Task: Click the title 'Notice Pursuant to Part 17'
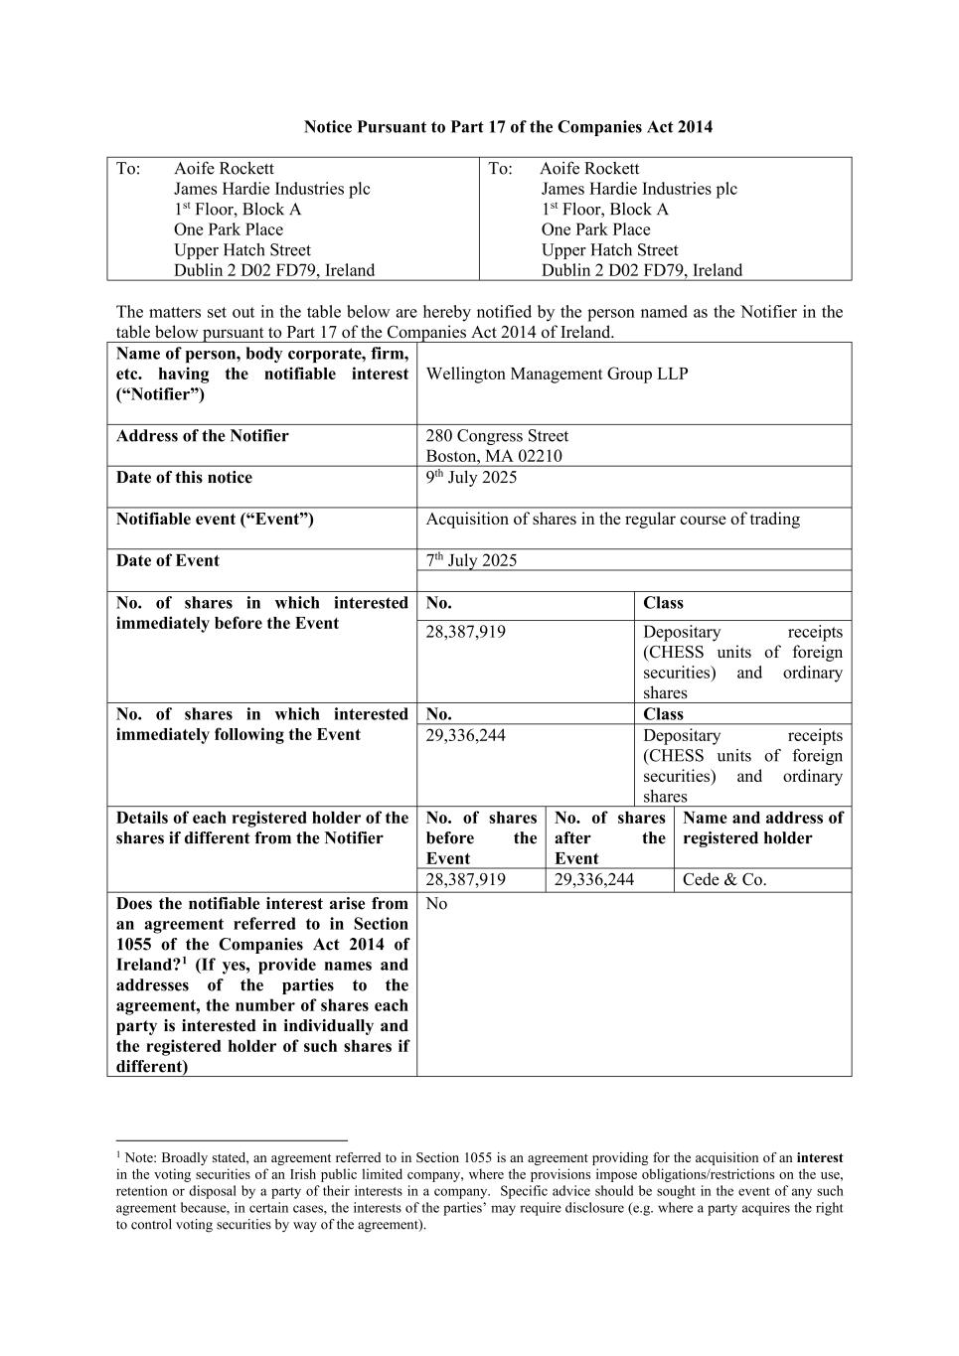coord(508,127)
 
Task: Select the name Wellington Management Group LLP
coord(557,375)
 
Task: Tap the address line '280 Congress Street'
coord(497,436)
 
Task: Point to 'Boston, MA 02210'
coord(494,456)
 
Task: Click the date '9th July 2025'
coord(471,478)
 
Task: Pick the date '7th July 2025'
coord(471,560)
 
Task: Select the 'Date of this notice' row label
coord(184,478)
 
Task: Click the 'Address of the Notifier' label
coord(202,436)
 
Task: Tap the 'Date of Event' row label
coord(167,560)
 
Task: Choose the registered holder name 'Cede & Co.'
coord(724,880)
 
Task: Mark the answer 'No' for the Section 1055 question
coord(436,904)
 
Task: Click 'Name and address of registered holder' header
coord(762,829)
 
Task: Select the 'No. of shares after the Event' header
coord(609,838)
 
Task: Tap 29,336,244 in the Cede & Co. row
coord(594,880)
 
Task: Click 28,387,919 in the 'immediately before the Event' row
coord(465,632)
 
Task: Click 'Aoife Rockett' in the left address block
coord(224,169)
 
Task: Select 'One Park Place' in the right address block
coord(595,229)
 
